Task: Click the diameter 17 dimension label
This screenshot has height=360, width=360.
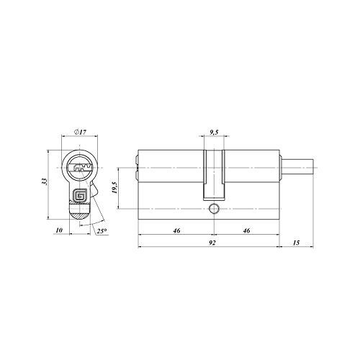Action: tap(80, 132)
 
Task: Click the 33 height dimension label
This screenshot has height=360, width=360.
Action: tap(44, 181)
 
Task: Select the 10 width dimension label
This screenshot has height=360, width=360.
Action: tap(59, 230)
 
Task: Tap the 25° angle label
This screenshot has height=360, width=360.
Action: tap(102, 231)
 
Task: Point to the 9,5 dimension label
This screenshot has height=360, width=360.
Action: tap(214, 132)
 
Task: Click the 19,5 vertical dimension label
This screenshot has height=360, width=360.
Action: tap(114, 188)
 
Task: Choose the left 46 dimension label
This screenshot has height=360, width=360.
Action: tap(176, 230)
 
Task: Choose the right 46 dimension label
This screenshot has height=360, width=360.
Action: tap(246, 230)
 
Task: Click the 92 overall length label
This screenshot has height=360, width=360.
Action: tap(212, 243)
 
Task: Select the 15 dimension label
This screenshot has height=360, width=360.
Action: tap(297, 243)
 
